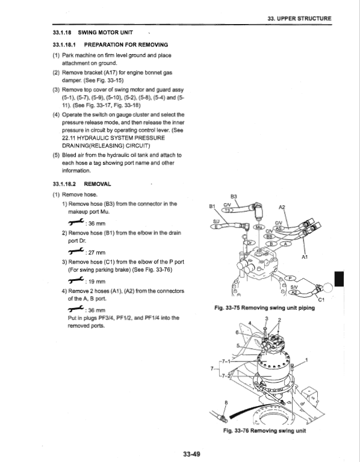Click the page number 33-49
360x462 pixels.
tap(191, 454)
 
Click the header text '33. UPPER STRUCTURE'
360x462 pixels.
tap(299, 18)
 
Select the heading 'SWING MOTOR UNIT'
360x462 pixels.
tap(105, 32)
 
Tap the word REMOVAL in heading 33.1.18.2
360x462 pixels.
tap(98, 184)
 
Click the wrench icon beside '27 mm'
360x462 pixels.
tap(76, 251)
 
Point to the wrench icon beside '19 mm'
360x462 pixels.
tap(76, 280)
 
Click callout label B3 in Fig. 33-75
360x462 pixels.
tap(234, 197)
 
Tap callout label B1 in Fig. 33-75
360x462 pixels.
tap(212, 206)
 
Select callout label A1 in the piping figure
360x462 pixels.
tap(305, 257)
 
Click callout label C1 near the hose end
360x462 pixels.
tap(321, 300)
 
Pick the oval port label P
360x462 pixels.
tap(290, 278)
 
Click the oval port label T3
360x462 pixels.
tap(228, 210)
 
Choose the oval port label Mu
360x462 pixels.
tap(259, 227)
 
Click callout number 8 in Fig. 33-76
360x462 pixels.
tap(226, 402)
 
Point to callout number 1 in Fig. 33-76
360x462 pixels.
tap(306, 360)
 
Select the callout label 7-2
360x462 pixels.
tap(226, 375)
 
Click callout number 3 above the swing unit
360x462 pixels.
tap(267, 318)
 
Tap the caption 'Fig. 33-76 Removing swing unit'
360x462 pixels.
tap(264, 431)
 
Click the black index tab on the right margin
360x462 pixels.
tap(340, 279)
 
